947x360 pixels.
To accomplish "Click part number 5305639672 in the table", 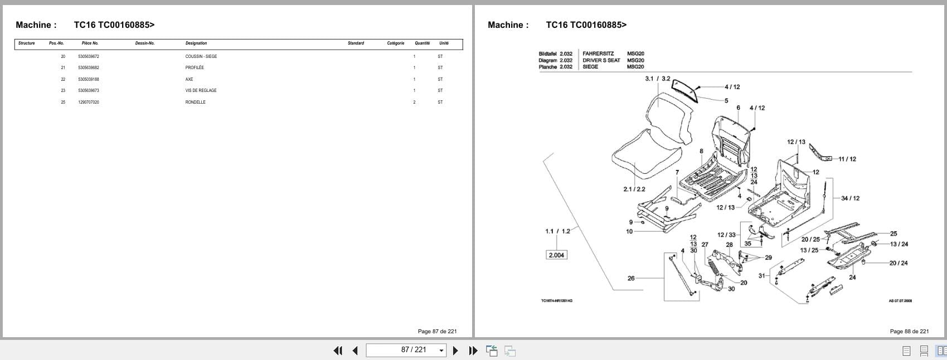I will [89, 56].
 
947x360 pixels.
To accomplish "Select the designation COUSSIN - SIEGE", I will [201, 56].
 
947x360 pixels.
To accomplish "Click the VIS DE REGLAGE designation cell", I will [201, 90].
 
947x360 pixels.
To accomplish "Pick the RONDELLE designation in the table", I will [195, 102].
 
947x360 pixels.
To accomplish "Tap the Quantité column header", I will [422, 43].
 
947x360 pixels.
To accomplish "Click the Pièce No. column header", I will [90, 43].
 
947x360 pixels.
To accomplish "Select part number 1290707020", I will [89, 102].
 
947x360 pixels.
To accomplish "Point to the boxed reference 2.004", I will [556, 255].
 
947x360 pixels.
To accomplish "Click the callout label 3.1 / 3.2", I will [657, 79].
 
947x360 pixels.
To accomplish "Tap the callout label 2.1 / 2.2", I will [634, 189].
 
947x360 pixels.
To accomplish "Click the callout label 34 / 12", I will [850, 198].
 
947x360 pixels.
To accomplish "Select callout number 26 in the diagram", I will [631, 278].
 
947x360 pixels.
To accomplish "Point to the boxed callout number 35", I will [747, 244].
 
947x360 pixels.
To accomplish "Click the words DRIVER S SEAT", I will [601, 60].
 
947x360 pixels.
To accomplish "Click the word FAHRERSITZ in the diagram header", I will [598, 53].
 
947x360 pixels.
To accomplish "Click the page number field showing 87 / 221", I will [406, 350].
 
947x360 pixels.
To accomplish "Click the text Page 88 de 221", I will [909, 331].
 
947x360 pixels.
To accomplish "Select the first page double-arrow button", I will [338, 350].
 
